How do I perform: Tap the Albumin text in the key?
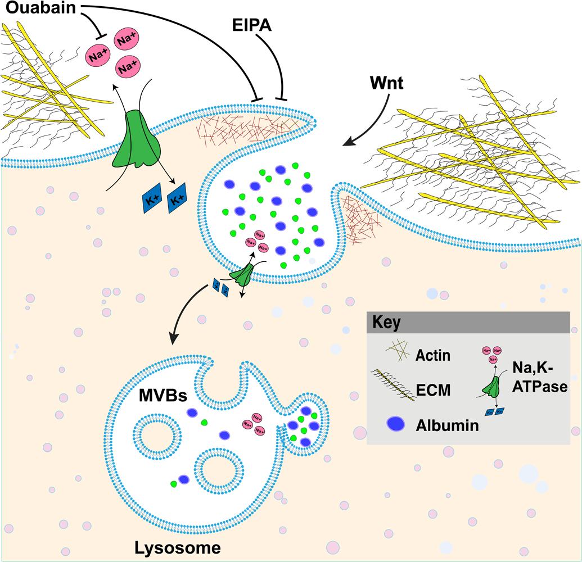(x=447, y=425)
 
